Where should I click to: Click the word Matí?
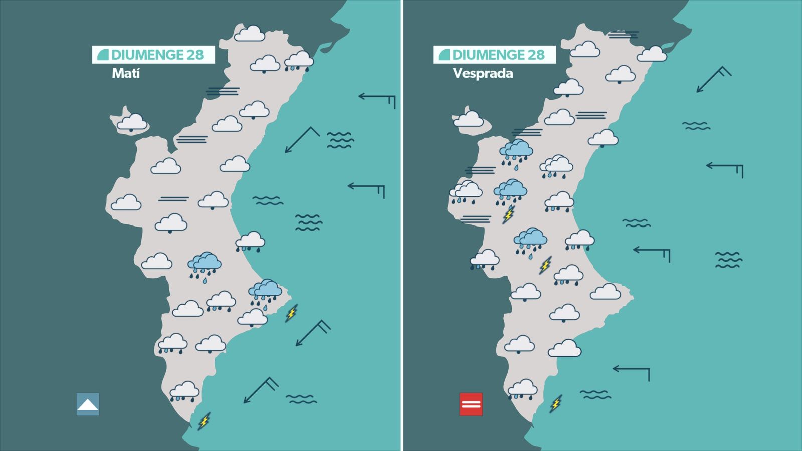point(125,74)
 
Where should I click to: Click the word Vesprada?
point(483,74)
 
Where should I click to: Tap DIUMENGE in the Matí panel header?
point(147,55)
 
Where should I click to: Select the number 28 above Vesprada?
point(536,55)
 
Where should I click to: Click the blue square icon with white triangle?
point(88,404)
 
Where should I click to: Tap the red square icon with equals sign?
point(471,404)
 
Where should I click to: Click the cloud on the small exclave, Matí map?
point(132,122)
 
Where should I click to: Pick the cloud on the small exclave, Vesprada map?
point(468,119)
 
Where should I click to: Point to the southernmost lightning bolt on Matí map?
point(204,421)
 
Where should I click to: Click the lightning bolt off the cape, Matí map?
point(291,313)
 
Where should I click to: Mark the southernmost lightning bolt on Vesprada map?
point(556,403)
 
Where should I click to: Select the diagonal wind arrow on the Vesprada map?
point(713,79)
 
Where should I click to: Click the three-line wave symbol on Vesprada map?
point(728,260)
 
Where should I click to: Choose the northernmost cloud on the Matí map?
point(250,34)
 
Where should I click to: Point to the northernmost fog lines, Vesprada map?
point(623,35)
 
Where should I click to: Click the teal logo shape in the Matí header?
point(103,55)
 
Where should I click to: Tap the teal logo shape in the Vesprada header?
point(444,55)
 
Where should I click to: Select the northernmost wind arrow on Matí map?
point(377,98)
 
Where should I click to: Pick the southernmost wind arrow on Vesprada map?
point(631,372)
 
